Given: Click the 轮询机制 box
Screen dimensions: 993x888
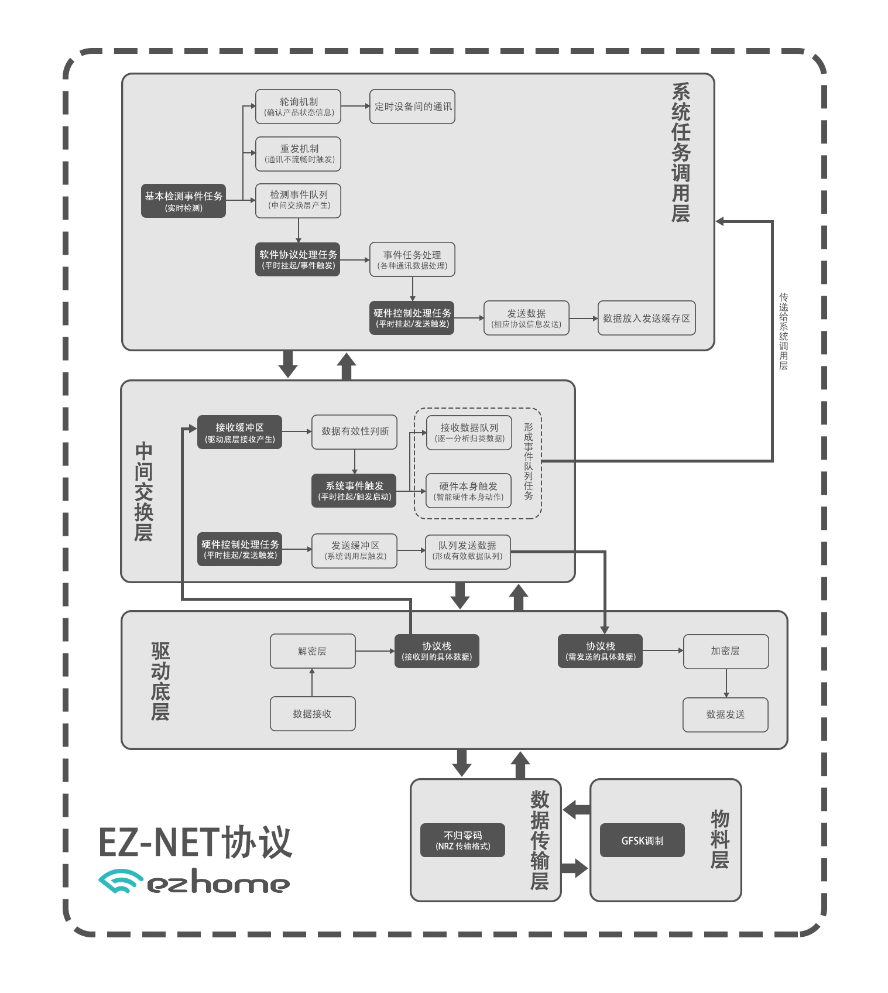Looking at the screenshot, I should pos(298,107).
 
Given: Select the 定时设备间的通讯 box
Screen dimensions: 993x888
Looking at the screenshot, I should pos(412,107).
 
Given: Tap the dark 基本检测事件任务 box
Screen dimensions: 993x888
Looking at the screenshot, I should pos(183,201).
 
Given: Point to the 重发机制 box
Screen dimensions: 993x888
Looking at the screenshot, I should pos(298,154).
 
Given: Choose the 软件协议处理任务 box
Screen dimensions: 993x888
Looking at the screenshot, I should pos(298,259).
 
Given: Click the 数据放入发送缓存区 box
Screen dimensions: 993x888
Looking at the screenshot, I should pos(646,318).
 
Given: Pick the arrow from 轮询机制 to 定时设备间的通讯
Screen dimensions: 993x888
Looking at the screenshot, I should pos(355,106).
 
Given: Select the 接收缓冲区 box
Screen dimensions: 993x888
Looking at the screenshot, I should pos(239,432).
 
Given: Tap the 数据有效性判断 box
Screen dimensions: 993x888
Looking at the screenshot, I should pos(354,432).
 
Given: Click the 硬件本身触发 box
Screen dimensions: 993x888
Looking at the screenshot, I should pos(468,491).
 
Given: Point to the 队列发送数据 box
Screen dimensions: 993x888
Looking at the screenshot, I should pos(467,551).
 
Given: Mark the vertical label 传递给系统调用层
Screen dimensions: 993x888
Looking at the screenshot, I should pos(783,331).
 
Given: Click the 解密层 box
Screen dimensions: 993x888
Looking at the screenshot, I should pos(313,651).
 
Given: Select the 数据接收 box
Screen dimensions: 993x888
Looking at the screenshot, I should pos(313,714).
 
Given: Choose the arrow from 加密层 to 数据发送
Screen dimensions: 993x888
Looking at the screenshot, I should pos(726,683).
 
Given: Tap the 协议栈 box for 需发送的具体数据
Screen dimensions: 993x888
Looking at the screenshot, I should pos(600,651).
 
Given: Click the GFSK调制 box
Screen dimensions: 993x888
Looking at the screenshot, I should pos(642,840).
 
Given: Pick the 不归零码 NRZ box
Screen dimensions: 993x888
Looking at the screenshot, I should pos(462,840).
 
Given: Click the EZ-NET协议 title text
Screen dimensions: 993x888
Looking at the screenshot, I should pos(195,842).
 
